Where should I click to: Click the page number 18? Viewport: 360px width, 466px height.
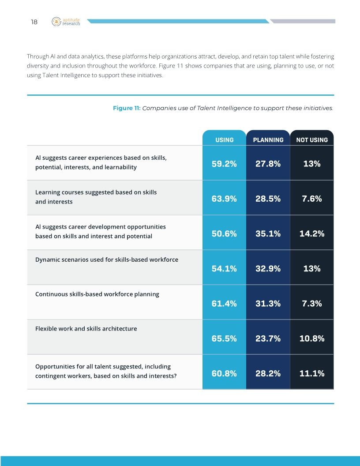(x=34, y=22)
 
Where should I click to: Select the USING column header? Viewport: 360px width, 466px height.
(x=224, y=140)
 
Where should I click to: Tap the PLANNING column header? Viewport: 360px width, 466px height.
(x=268, y=140)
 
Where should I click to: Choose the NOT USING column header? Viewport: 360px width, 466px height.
(x=312, y=140)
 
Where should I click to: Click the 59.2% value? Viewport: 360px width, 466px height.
(x=224, y=164)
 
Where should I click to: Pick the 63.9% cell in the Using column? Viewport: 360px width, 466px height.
(x=224, y=199)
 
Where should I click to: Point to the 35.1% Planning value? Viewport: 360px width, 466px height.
(x=268, y=233)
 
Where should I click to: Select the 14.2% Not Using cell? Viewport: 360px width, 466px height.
(x=312, y=233)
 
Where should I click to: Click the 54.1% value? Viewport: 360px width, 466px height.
(x=224, y=268)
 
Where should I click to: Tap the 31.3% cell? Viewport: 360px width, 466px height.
(x=268, y=303)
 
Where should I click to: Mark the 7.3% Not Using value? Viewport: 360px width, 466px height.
(x=312, y=303)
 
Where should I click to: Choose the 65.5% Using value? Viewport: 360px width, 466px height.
(x=224, y=338)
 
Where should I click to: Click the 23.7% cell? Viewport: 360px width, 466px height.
(x=268, y=338)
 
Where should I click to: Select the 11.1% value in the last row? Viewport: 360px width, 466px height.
(x=312, y=373)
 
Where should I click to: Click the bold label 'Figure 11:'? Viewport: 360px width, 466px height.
(x=127, y=108)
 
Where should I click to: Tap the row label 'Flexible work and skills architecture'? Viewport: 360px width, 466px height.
(x=86, y=329)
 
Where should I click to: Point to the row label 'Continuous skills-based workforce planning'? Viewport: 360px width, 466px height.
(x=97, y=294)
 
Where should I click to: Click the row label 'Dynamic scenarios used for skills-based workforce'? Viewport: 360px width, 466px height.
(x=107, y=259)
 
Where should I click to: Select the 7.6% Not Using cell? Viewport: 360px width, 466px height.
(x=312, y=199)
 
